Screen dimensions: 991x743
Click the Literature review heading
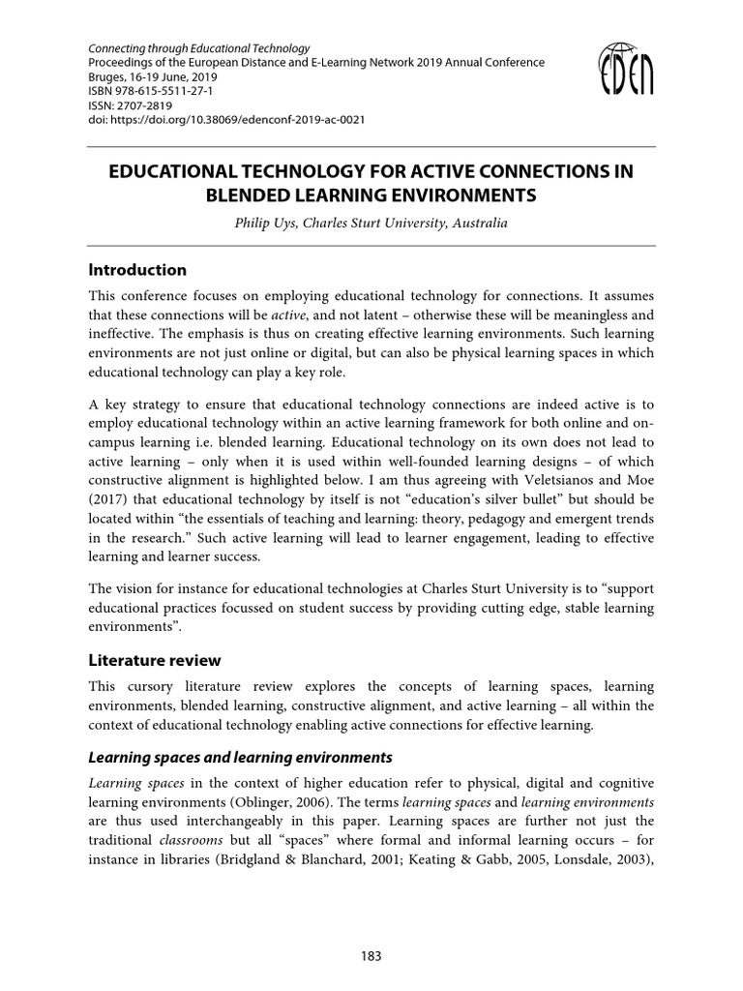coord(155,660)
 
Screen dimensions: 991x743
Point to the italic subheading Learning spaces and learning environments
coord(240,756)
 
